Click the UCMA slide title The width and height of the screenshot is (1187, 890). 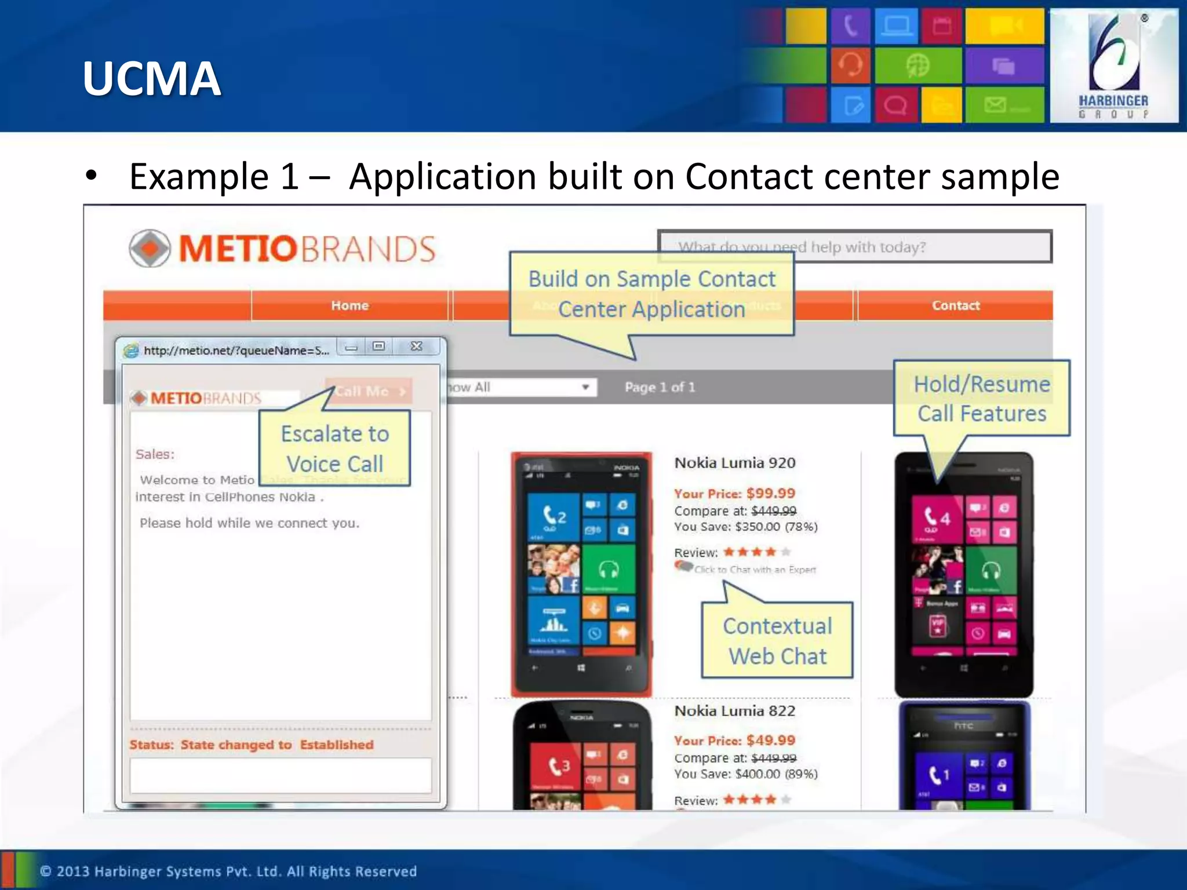(x=152, y=79)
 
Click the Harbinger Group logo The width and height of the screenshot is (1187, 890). (x=1113, y=65)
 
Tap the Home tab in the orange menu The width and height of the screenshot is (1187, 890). (x=349, y=305)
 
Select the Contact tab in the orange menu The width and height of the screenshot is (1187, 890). (x=955, y=305)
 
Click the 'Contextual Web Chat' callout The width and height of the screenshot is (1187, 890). (x=777, y=641)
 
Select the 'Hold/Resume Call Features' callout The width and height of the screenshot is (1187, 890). (x=982, y=399)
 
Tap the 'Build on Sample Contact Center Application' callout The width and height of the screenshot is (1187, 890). (x=651, y=294)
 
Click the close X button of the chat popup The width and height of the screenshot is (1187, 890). (x=416, y=346)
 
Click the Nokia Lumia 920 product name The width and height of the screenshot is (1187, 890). (x=735, y=463)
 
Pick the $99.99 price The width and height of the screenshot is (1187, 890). (x=770, y=494)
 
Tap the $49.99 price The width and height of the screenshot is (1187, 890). (x=770, y=741)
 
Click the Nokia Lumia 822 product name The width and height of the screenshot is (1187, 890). (x=735, y=711)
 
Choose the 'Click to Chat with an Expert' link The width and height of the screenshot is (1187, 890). (x=755, y=570)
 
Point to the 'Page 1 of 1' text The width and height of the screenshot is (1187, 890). (x=660, y=387)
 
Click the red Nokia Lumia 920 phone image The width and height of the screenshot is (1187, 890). (x=581, y=574)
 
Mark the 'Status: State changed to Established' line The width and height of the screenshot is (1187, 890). (x=252, y=745)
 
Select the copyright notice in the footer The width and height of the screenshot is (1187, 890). (x=228, y=871)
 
